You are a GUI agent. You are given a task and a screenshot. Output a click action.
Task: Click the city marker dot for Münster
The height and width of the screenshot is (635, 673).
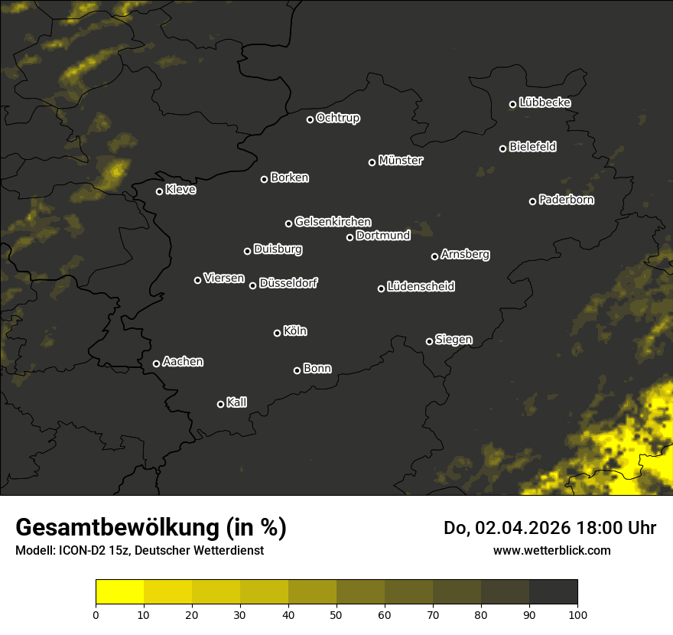coord(372,162)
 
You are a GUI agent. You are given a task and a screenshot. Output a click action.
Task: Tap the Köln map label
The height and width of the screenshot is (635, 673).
coord(295,331)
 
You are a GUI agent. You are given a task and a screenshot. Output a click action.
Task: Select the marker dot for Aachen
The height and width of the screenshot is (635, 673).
coord(157,363)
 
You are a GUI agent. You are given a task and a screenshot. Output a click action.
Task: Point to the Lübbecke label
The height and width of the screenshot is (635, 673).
coord(545,103)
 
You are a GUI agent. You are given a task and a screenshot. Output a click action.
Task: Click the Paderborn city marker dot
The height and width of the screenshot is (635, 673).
coord(533,201)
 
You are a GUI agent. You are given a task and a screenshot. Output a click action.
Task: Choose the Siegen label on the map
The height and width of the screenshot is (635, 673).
coord(454,340)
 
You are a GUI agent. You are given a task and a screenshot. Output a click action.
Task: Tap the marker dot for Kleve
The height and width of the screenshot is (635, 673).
coord(160,191)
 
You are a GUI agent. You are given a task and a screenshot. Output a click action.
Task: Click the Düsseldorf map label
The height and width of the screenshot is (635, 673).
coord(288,283)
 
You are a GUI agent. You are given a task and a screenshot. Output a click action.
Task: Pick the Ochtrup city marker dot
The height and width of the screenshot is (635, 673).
coord(310,119)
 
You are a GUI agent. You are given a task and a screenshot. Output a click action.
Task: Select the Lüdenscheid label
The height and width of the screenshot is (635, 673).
coord(421,287)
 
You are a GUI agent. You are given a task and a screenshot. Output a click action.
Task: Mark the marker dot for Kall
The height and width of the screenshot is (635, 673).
coord(221,404)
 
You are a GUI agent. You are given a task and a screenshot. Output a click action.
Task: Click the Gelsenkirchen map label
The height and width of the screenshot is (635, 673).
coord(333,222)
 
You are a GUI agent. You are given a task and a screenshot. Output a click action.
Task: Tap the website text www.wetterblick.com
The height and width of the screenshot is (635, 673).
coord(552,550)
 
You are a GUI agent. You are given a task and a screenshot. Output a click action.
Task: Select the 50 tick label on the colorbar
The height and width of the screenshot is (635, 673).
coord(336,614)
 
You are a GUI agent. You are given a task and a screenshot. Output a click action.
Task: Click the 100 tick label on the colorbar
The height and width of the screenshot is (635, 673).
coord(577,614)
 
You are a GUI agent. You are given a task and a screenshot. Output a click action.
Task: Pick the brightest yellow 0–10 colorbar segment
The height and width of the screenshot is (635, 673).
coord(120,591)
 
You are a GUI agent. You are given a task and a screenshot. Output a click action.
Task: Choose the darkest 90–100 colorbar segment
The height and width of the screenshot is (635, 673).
coord(553,591)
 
